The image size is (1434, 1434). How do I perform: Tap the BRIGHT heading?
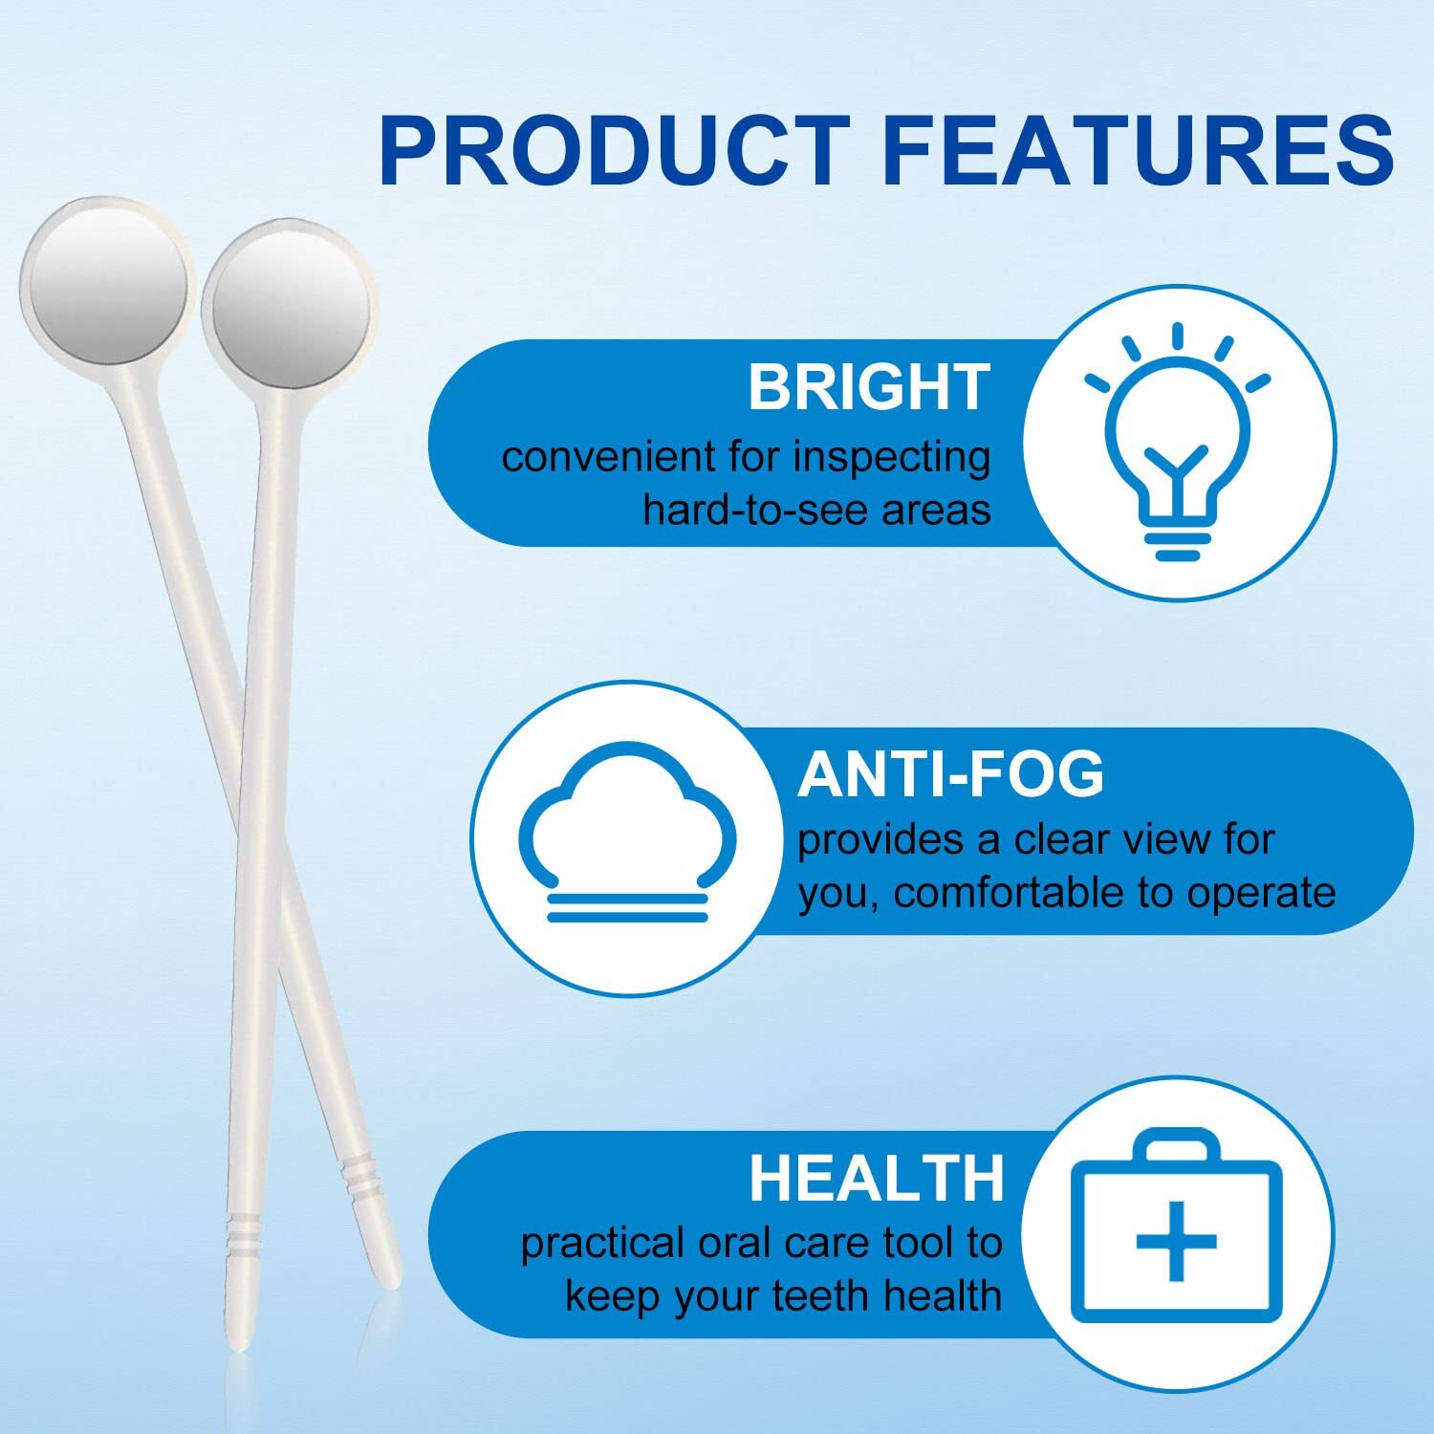[868, 387]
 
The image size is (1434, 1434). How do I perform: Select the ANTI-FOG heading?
[950, 773]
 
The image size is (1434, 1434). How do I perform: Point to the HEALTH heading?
[876, 1178]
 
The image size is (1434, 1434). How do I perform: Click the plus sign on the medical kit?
[1176, 1242]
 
